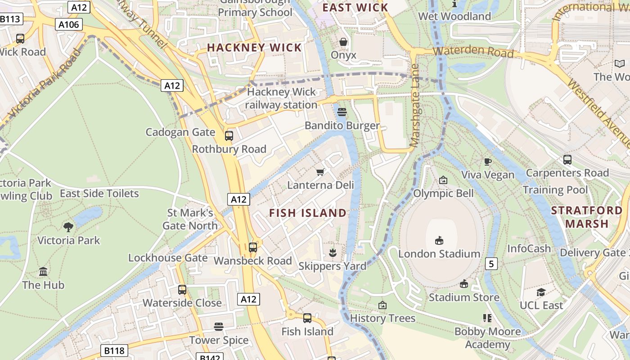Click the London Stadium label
439,254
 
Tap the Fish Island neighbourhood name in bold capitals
308,213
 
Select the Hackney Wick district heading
254,48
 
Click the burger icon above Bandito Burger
342,112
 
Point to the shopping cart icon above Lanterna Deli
320,172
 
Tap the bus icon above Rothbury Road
229,135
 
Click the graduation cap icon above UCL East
541,292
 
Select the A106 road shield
69,24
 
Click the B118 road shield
114,351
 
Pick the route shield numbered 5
491,264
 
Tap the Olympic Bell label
443,193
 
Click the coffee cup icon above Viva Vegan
487,162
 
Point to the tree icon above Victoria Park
68,227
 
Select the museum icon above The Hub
43,271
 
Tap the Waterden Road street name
473,51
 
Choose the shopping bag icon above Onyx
343,42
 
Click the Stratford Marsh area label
586,217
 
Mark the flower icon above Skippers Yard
333,252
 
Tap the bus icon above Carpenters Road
567,159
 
